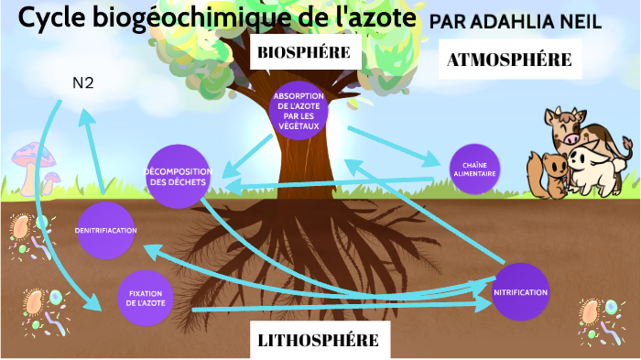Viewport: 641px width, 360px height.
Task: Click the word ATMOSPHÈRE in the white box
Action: click(x=509, y=60)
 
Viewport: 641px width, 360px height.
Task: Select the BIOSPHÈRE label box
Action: click(x=304, y=53)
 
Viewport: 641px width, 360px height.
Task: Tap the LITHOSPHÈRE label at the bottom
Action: click(x=318, y=341)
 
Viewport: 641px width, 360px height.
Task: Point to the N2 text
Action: click(x=83, y=83)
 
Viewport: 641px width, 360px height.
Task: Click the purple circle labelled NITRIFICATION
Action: click(x=520, y=292)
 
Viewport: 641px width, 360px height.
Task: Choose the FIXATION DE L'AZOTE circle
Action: click(x=145, y=297)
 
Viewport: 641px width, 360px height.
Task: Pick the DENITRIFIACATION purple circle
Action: click(x=105, y=230)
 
